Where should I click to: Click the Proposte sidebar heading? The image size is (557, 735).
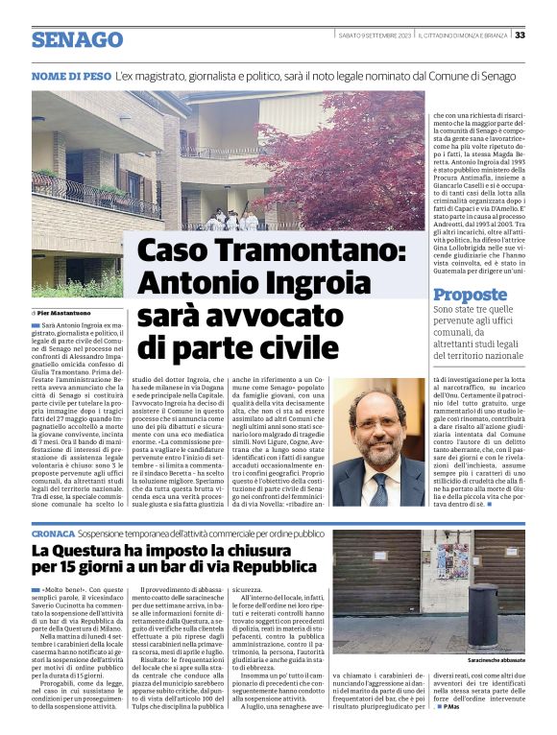pyautogui.click(x=470, y=295)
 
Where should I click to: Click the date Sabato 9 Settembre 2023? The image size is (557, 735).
pyautogui.click(x=375, y=36)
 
